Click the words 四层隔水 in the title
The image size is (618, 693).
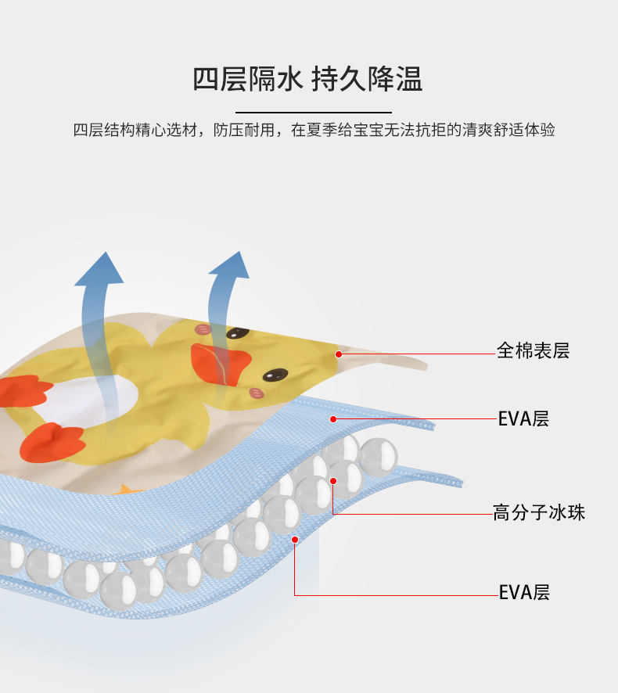tap(248, 79)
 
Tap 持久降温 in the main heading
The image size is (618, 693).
tap(367, 79)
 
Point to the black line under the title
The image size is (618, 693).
tap(313, 113)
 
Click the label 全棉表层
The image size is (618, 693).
tap(533, 350)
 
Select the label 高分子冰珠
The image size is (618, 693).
tap(538, 513)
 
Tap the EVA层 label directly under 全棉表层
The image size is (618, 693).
tap(523, 418)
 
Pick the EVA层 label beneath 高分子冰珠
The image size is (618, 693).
tap(524, 592)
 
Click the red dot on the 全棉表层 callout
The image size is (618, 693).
tap(339, 354)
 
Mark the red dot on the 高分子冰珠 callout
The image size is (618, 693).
tap(333, 481)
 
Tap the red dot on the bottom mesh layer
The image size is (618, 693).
tap(295, 539)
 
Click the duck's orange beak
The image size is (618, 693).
tap(220, 363)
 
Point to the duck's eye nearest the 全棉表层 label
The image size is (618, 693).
tap(272, 375)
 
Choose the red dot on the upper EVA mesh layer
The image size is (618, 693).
tap(333, 418)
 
